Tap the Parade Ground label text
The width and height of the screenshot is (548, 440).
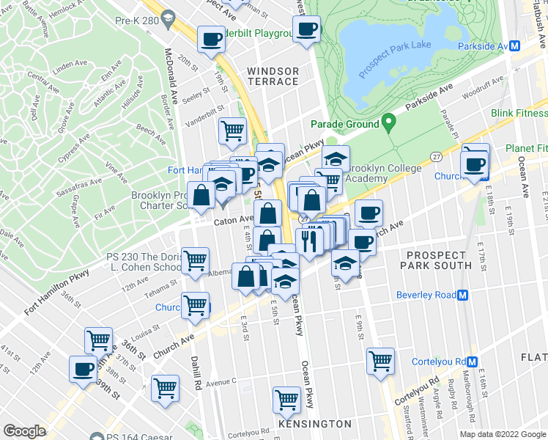click(344, 125)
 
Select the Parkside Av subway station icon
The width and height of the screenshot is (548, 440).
click(514, 45)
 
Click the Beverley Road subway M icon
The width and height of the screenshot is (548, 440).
click(463, 296)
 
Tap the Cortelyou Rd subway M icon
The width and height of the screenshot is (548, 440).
click(473, 362)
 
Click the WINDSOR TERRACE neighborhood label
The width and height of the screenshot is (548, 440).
click(273, 76)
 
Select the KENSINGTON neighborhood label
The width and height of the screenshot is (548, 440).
click(315, 425)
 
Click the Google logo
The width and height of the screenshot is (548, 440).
click(24, 431)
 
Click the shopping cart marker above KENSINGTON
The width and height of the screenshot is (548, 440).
click(286, 400)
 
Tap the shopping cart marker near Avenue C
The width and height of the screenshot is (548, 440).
click(166, 388)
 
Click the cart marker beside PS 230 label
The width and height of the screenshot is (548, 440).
click(195, 260)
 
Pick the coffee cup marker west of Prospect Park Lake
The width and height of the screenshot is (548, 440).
click(307, 29)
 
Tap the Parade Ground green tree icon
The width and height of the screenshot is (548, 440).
click(388, 124)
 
